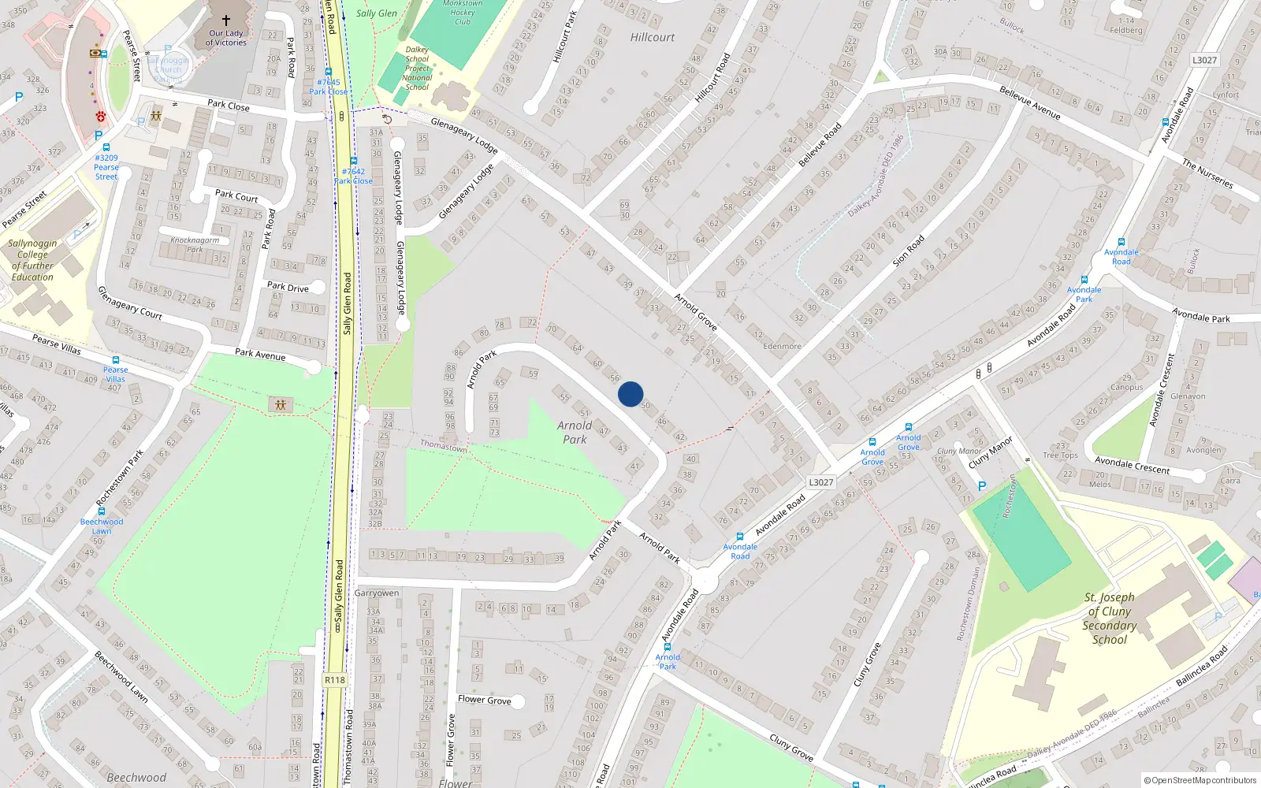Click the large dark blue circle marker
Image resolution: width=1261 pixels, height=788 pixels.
coord(630,394)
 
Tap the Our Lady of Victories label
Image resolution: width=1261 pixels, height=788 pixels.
coord(226,38)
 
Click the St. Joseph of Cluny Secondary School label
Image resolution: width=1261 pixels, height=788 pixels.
coord(1110,619)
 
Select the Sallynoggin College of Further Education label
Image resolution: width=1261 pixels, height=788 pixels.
coord(32,260)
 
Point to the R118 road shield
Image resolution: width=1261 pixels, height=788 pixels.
coord(335,680)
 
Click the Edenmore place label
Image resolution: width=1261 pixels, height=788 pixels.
coord(782,346)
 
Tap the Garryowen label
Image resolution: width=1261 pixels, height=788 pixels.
coord(377,593)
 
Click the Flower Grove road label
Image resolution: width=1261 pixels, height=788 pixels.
coord(484,700)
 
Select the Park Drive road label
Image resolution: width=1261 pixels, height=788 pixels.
coord(288,287)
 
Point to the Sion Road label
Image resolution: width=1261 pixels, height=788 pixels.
coord(908,251)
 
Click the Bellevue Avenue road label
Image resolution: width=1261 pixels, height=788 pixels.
coord(1029,102)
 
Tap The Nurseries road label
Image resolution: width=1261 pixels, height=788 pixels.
coord(1207,173)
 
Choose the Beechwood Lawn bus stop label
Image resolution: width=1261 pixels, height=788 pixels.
coord(102,526)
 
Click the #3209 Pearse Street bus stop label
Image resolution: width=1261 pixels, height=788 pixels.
coord(106,167)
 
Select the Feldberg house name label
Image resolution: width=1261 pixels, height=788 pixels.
coord(1126,31)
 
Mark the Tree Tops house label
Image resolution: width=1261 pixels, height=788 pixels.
coord(1060,455)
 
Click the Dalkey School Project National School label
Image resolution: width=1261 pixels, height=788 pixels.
coord(417,69)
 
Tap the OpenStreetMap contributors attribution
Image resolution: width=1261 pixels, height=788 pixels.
coord(1200,780)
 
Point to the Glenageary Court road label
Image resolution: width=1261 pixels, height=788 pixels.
coord(129,303)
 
